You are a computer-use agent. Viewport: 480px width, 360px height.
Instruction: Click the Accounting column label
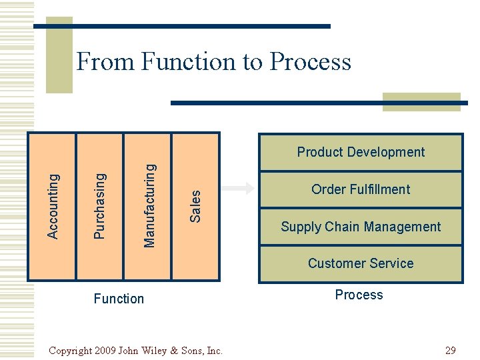[x=53, y=205]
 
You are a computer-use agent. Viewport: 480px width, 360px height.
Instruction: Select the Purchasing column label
[x=99, y=205]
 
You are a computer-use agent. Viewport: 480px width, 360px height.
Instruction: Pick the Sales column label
[x=195, y=205]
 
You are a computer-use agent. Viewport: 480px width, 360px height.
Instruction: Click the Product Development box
[x=361, y=152]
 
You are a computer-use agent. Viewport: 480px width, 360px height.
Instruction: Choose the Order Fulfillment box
[x=361, y=189]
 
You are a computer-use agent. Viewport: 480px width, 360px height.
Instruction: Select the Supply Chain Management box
[x=361, y=227]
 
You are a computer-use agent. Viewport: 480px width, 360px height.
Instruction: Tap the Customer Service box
[x=361, y=263]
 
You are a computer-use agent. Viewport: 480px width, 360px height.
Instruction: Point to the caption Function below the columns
[x=119, y=299]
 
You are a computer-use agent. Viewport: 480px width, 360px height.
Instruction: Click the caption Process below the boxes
[x=359, y=295]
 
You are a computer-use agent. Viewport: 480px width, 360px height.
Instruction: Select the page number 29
[x=450, y=350]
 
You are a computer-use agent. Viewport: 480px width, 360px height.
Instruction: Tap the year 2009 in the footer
[x=106, y=350]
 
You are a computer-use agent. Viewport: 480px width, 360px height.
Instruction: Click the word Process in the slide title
[x=310, y=62]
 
